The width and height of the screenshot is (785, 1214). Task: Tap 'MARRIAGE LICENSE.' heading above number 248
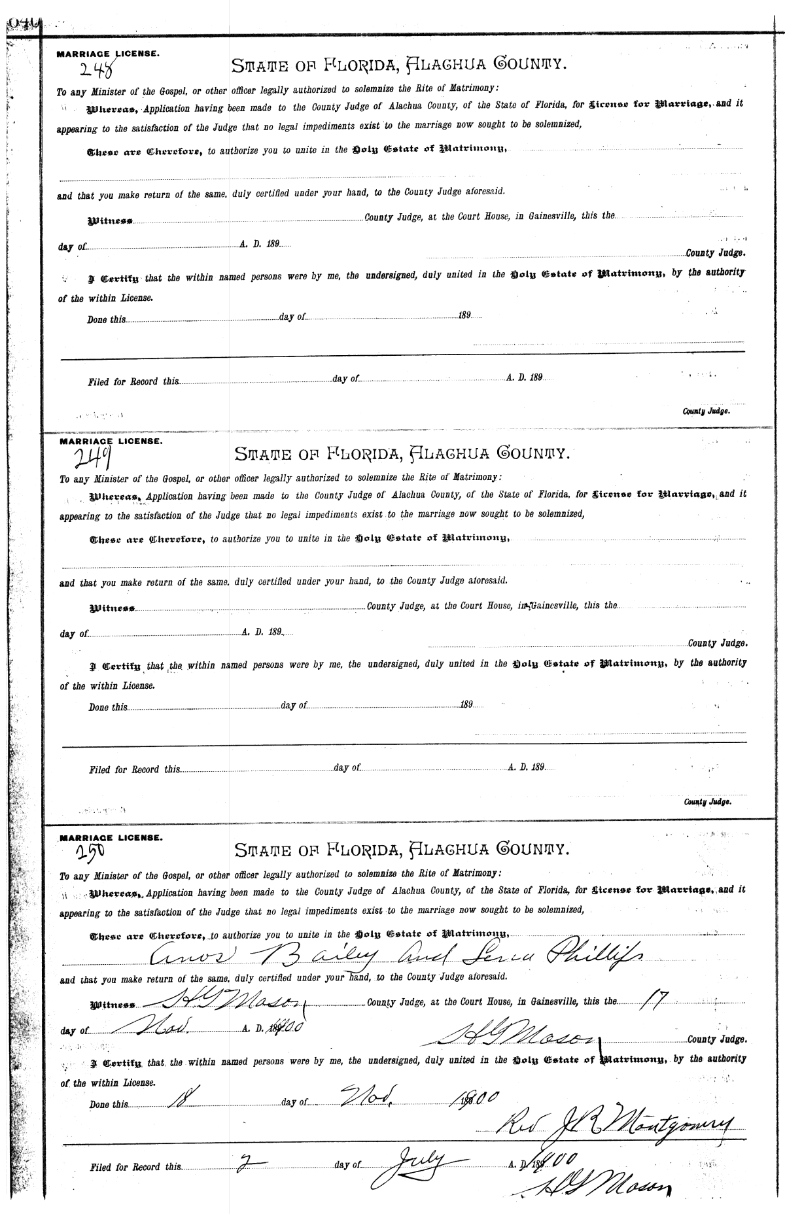click(107, 54)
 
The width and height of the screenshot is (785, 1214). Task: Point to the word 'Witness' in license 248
click(111, 222)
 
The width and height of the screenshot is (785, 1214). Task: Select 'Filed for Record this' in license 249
click(134, 770)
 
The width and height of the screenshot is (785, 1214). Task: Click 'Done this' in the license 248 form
click(107, 321)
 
